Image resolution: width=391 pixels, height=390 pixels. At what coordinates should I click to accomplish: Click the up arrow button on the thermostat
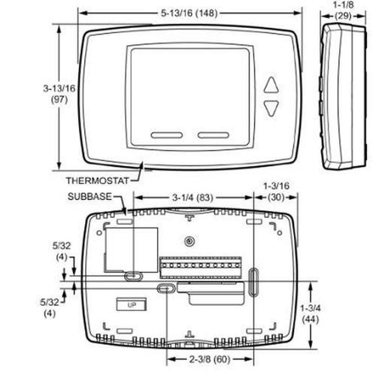(271, 86)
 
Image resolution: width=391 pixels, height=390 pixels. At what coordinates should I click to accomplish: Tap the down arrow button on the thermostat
(271, 108)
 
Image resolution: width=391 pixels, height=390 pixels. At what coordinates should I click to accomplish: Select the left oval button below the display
(167, 135)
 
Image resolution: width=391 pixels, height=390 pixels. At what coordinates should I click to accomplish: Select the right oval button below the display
(214, 135)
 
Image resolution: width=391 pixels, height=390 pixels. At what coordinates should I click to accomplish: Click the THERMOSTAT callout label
(98, 180)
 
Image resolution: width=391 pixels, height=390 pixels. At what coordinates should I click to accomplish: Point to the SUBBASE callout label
(89, 197)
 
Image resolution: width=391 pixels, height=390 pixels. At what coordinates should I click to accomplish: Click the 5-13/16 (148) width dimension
(189, 13)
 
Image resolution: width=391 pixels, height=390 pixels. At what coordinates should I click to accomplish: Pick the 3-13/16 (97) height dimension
(59, 94)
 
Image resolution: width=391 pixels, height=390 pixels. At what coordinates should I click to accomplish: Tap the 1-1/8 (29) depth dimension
(343, 11)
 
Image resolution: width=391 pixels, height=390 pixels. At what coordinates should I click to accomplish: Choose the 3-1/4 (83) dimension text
(192, 198)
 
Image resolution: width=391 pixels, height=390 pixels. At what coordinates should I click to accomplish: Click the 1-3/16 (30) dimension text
(276, 192)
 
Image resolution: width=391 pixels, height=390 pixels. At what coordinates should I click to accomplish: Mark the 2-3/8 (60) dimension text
(210, 359)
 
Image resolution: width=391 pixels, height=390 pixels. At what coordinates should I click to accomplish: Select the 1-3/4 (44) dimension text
(311, 313)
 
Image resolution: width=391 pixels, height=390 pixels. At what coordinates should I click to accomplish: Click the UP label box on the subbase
(132, 305)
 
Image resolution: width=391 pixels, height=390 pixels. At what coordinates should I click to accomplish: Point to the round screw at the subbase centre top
(189, 241)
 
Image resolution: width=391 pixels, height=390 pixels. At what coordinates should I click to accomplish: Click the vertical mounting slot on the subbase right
(253, 283)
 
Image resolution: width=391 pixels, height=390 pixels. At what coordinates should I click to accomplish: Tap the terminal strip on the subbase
(201, 268)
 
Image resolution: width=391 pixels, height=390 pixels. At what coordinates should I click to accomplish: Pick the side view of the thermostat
(344, 97)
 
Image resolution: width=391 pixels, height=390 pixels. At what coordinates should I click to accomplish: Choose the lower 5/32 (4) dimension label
(50, 308)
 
